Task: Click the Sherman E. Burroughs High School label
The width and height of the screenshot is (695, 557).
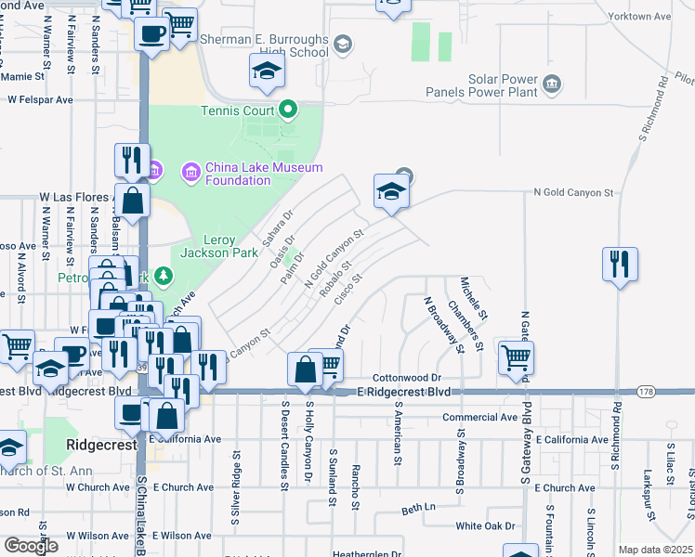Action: (x=265, y=46)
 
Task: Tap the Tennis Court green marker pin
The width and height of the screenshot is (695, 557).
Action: (x=288, y=111)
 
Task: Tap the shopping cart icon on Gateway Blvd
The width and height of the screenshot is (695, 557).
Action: (x=516, y=357)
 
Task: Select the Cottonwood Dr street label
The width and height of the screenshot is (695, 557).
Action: (x=406, y=379)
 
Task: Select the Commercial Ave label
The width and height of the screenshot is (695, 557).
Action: (x=479, y=418)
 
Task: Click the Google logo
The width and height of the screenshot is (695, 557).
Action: (x=31, y=546)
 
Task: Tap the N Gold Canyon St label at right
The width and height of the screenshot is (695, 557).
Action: (x=573, y=193)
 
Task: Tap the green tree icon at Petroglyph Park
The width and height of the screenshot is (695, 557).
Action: (x=164, y=276)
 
